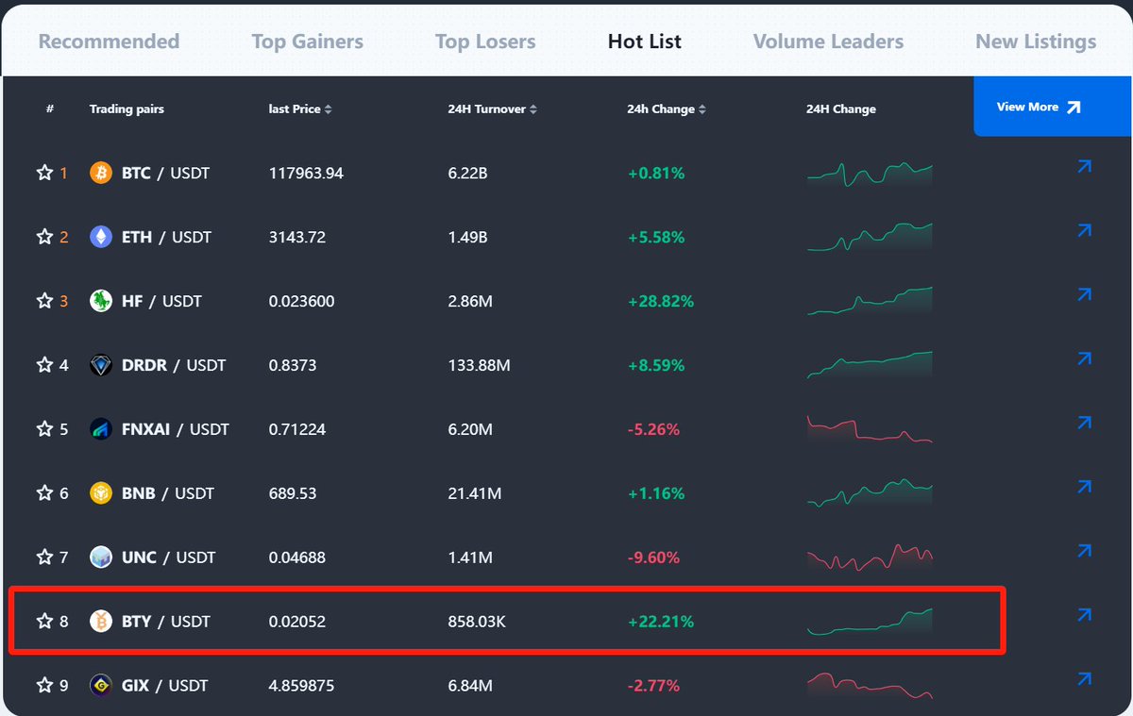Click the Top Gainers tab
307,42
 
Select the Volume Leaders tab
828,42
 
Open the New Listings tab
1035,42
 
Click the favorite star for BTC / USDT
44,173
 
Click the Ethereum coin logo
101,237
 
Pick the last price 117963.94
306,173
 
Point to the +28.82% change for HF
660,301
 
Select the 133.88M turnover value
479,365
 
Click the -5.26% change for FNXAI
653,429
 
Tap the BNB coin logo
101,493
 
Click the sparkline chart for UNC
870,557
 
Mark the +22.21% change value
660,621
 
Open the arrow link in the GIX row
1084,679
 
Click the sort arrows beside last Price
328,109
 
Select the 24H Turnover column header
486,109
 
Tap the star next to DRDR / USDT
44,365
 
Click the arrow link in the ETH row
1084,231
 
